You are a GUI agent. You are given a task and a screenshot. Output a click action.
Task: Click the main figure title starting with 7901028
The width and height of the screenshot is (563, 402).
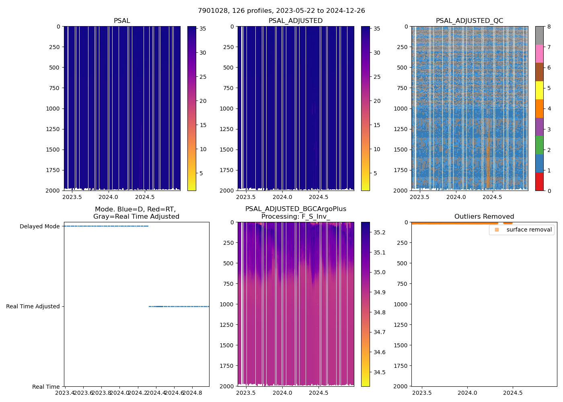281,11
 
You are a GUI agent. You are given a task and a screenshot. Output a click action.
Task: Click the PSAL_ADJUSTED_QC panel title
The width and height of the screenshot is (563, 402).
469,21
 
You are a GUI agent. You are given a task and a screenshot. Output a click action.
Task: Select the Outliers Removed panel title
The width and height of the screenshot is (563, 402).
484,217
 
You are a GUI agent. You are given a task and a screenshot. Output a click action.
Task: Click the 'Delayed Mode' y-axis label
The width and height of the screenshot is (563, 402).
39,226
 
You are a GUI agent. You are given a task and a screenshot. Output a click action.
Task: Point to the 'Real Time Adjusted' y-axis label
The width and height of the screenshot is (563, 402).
33,306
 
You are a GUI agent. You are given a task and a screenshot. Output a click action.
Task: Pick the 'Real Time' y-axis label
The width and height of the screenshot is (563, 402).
46,387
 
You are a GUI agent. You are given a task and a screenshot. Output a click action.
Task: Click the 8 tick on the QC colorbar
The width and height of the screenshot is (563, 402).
549,27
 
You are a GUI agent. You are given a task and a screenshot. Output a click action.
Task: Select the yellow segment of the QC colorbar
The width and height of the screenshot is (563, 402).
539,90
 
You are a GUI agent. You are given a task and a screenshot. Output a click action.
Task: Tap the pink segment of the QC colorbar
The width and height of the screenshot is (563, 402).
539,53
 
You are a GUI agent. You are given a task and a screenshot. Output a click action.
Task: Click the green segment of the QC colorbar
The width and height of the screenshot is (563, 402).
539,145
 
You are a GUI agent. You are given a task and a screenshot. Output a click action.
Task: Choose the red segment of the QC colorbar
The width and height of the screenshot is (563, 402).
539,182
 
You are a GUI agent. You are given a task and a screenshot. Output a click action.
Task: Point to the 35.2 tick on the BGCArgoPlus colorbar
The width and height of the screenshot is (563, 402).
379,232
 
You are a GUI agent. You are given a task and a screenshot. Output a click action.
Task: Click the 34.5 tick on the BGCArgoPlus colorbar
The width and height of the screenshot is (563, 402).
379,372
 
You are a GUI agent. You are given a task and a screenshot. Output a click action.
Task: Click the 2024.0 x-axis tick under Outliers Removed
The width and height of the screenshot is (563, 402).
467,393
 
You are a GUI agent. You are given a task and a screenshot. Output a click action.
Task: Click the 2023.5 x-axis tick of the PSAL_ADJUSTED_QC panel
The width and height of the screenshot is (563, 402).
419,197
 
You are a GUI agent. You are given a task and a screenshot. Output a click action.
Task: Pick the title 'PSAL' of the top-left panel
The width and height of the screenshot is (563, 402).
122,21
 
